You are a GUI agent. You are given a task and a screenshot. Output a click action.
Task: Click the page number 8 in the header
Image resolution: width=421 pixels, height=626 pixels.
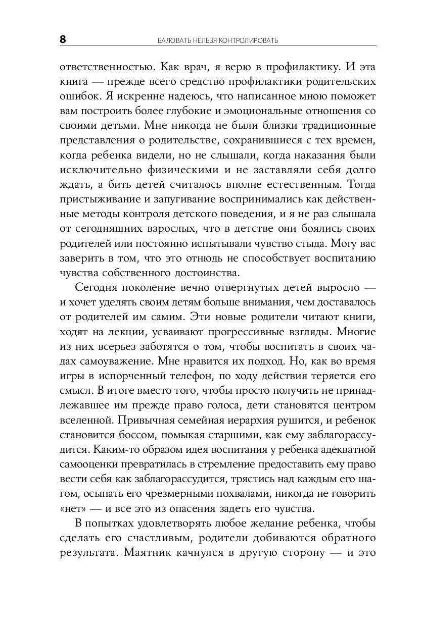63,39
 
